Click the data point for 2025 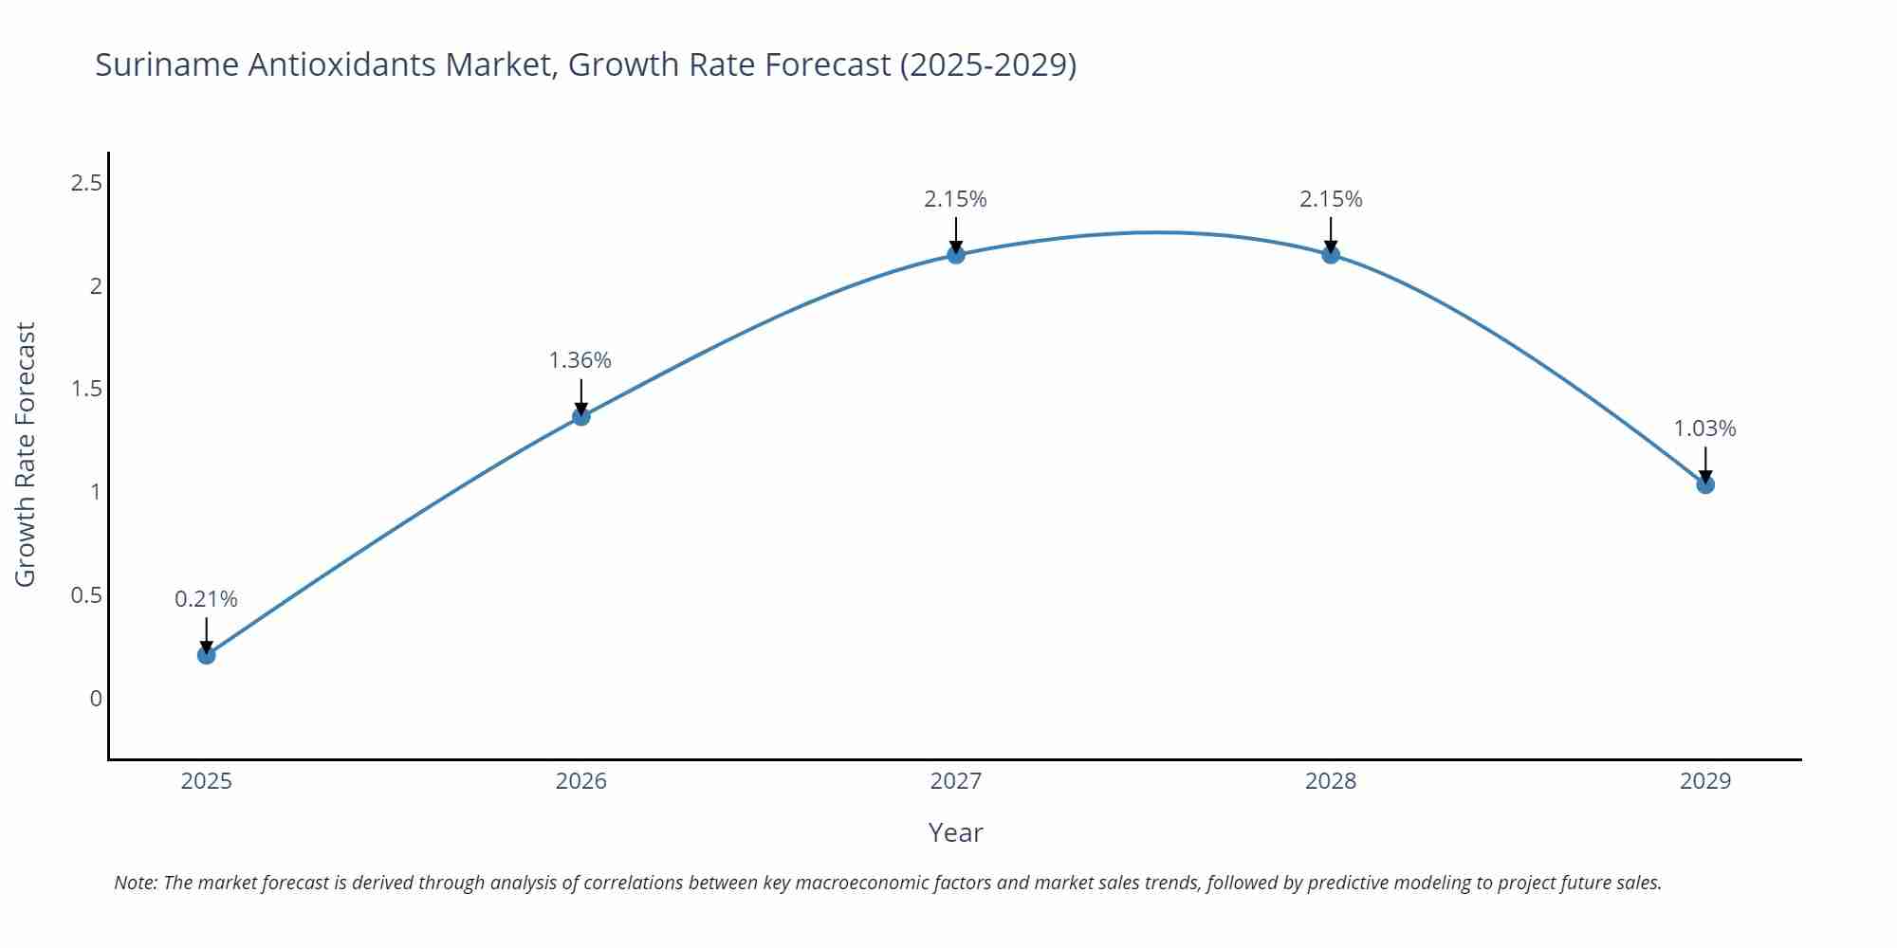(207, 655)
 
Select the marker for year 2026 (581, 416)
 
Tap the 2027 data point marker (956, 254)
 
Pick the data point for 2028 (1331, 254)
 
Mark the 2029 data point (1705, 484)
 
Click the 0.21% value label (207, 599)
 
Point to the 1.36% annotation (580, 360)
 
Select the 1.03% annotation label (1704, 428)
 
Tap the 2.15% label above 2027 (956, 199)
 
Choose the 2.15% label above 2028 (1331, 199)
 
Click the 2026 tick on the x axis (581, 781)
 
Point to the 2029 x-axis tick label (1705, 781)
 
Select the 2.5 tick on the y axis (86, 183)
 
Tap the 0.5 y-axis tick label (86, 595)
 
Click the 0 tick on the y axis (96, 699)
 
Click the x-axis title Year (955, 832)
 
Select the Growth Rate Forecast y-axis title (26, 454)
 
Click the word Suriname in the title (167, 64)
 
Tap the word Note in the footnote (135, 883)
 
